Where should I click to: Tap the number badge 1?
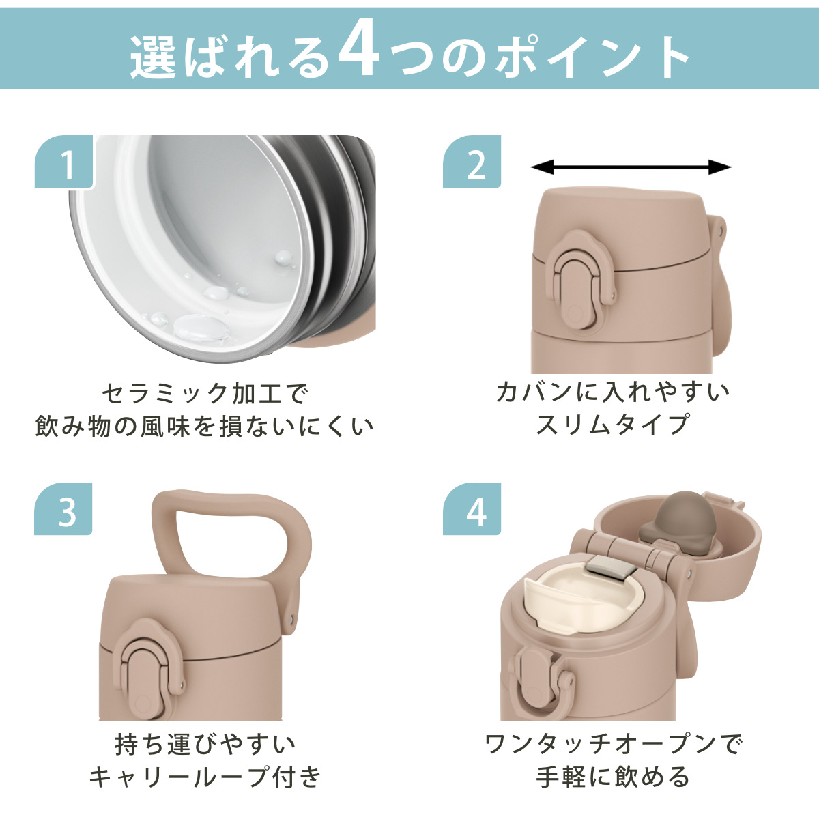(63, 162)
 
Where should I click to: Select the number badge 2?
(472, 162)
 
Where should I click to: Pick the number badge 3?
(63, 508)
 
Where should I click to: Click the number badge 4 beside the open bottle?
(472, 508)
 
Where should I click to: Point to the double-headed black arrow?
(631, 167)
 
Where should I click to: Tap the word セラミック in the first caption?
(166, 393)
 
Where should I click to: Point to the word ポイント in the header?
(593, 57)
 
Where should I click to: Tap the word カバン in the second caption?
(534, 392)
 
